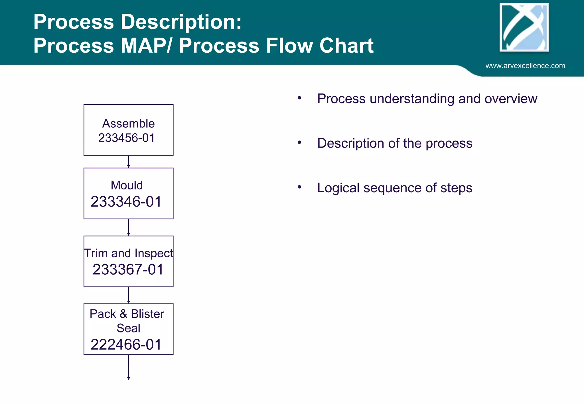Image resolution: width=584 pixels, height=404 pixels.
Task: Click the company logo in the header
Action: pos(524,28)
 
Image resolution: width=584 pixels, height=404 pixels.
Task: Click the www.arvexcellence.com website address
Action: pos(525,66)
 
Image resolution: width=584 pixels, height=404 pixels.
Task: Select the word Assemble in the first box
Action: pos(128,124)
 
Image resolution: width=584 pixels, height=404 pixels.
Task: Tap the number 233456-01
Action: pos(126,138)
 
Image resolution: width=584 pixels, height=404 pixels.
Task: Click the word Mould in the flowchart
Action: pos(127,185)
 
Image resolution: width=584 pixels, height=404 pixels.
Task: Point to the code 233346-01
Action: pos(126,202)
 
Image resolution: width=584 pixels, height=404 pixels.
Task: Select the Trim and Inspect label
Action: pos(128,253)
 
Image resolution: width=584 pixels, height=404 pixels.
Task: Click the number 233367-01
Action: pos(128,270)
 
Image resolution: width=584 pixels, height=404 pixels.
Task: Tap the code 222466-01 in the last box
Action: pos(126,345)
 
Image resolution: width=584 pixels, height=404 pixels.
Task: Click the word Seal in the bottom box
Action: pos(128,328)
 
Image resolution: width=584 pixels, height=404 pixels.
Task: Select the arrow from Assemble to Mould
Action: pos(129,162)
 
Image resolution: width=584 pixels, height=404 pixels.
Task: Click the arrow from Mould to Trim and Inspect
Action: pos(129,227)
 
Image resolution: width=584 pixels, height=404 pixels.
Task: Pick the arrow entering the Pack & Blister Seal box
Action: pos(129,295)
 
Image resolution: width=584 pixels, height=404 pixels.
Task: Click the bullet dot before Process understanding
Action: pos(299,98)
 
